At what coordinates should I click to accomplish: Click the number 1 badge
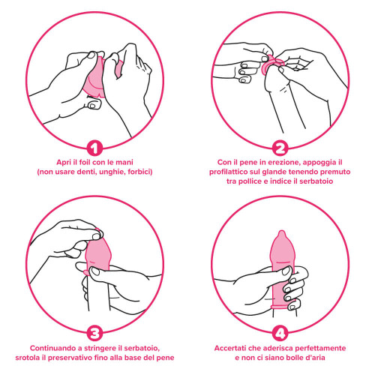[94, 148]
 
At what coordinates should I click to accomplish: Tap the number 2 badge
[280, 148]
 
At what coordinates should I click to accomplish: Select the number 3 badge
[94, 333]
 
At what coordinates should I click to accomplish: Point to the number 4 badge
[280, 333]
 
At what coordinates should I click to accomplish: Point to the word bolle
[293, 358]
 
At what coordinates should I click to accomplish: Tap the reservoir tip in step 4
[282, 235]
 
